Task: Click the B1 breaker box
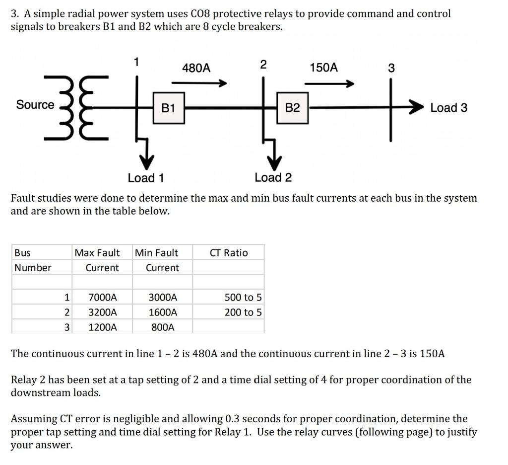[168, 107]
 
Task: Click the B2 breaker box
[293, 107]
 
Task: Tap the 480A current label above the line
[196, 68]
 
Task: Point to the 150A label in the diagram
[323, 68]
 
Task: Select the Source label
[35, 105]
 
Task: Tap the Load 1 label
[146, 178]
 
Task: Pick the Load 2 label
[273, 177]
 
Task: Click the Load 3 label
[448, 108]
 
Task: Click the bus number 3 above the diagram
[391, 68]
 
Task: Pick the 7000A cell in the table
[103, 298]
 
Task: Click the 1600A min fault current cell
[163, 312]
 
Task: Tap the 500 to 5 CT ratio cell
[243, 298]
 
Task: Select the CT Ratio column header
[229, 253]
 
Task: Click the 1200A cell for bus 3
[103, 327]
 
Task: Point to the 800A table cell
[163, 327]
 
